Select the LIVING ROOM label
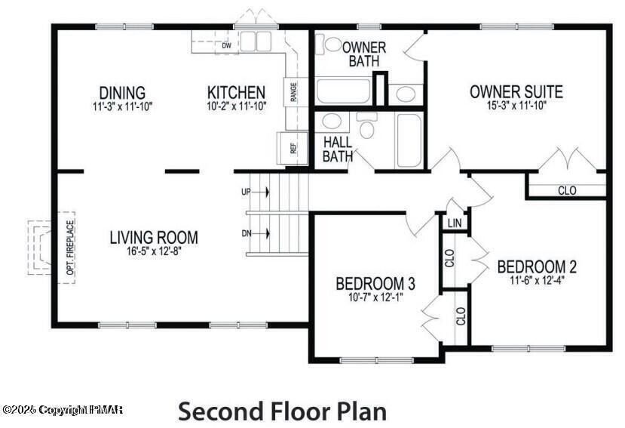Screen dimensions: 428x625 (154, 237)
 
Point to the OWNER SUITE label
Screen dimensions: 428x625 (516, 92)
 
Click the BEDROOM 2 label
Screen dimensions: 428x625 (537, 266)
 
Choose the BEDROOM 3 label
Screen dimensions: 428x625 (375, 284)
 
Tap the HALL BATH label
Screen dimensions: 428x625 (338, 149)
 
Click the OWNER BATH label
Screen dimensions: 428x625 (364, 54)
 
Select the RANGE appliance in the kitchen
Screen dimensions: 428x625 (293, 92)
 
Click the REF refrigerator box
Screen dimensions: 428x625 (293, 148)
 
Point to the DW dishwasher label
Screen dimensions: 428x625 (225, 45)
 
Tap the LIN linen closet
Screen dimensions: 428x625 (454, 223)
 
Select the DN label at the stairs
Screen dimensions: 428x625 (246, 233)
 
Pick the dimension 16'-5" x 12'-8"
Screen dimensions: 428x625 (154, 251)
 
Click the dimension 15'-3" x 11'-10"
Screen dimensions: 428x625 (516, 106)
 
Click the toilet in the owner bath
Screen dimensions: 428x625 (332, 45)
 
